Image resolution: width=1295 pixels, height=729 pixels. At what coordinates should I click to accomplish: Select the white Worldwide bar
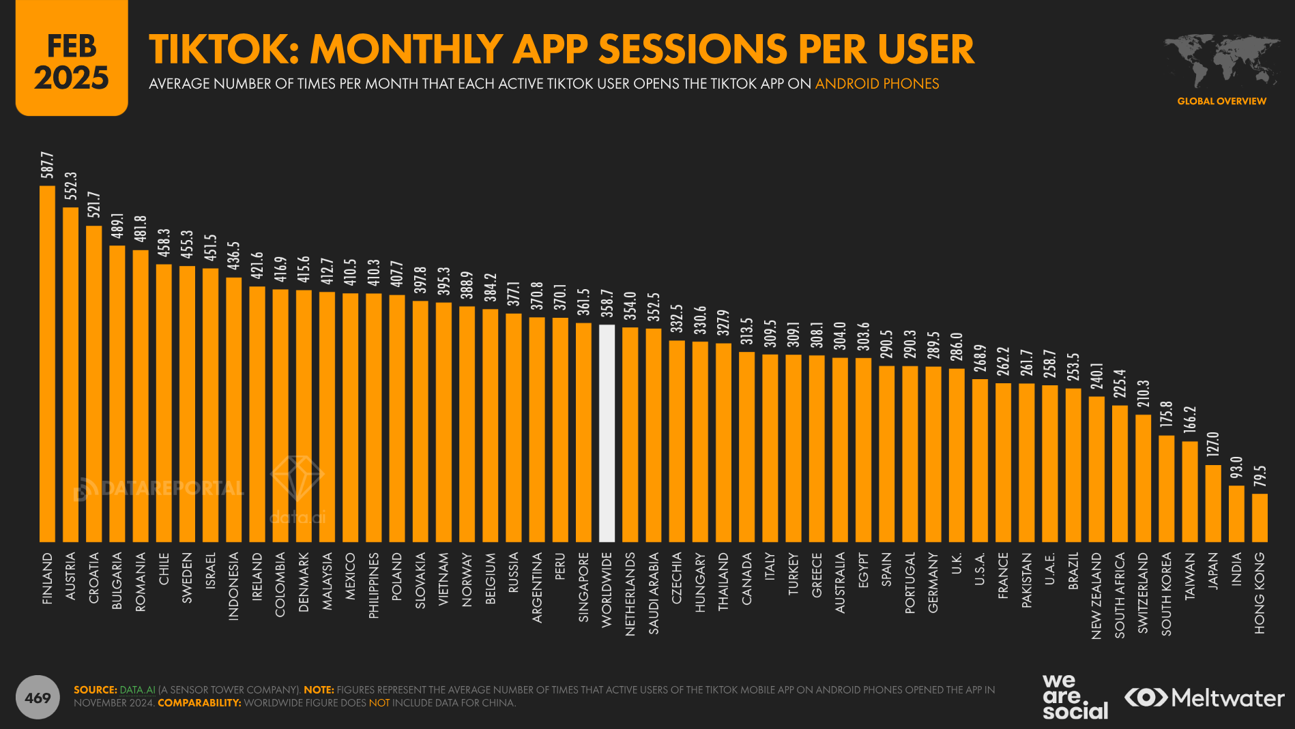(x=607, y=433)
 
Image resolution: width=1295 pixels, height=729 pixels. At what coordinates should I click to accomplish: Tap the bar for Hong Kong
(x=1260, y=518)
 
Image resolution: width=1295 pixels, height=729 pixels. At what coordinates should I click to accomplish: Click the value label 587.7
(x=47, y=165)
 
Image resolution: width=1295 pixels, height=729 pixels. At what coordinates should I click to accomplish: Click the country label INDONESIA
(x=233, y=586)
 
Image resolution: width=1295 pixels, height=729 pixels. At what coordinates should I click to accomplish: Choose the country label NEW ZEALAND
(x=1096, y=595)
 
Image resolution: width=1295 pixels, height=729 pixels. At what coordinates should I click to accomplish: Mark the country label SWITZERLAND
(x=1143, y=593)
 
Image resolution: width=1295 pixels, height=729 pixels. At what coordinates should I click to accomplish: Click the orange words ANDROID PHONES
(x=877, y=84)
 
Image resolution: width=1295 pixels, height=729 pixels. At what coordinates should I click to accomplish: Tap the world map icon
(x=1221, y=60)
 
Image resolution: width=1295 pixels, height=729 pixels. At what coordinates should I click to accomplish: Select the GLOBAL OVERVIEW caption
(x=1221, y=101)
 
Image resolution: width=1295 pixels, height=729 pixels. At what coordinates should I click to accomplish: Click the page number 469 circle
(x=38, y=697)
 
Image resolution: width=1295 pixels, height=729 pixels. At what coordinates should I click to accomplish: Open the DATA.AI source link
(x=137, y=690)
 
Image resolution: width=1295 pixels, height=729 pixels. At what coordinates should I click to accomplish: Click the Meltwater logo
(x=1204, y=698)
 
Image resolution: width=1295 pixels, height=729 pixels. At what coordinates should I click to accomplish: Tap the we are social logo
(x=1075, y=696)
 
